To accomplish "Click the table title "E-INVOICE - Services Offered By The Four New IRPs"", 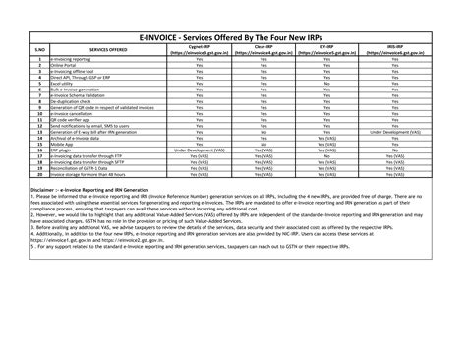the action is (x=233, y=33).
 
